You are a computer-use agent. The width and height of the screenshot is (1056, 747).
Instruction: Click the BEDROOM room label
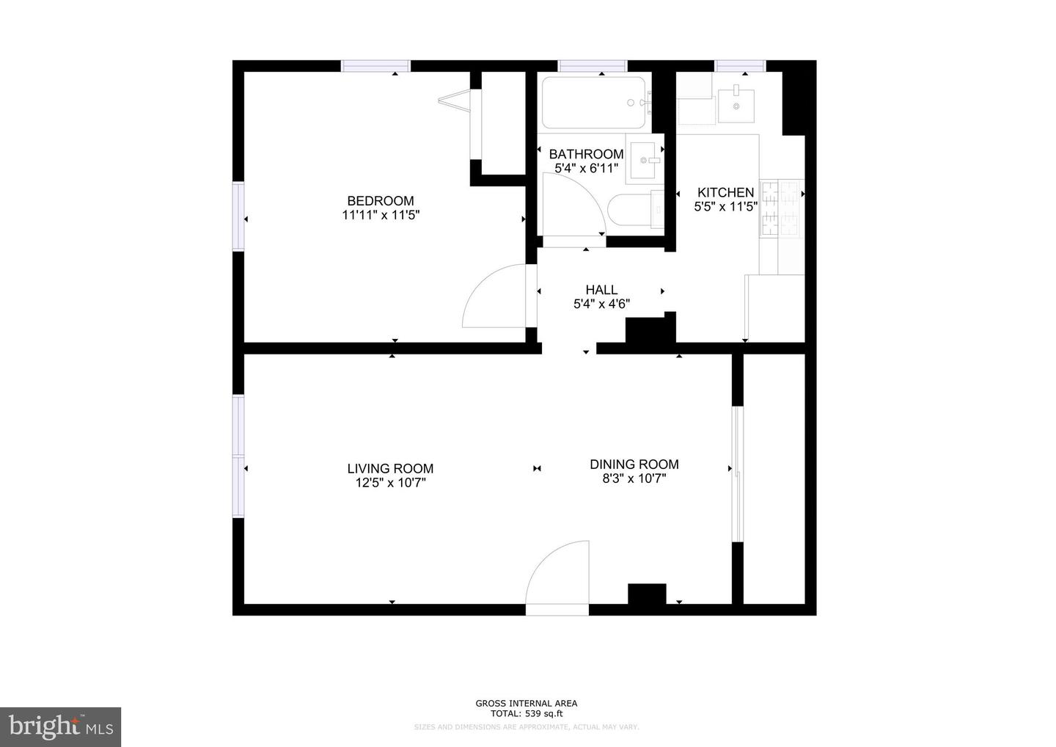click(x=380, y=200)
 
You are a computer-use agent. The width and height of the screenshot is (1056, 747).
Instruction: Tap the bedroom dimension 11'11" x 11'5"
click(x=380, y=215)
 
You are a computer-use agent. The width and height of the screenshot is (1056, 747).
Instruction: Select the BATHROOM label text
click(x=586, y=154)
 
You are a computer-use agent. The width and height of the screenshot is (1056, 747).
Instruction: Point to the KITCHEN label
click(x=725, y=192)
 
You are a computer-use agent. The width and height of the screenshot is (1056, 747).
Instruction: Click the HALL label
click(x=601, y=290)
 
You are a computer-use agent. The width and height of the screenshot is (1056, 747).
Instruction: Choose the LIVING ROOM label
click(x=390, y=468)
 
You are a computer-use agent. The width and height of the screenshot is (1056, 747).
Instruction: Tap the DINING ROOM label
click(x=634, y=464)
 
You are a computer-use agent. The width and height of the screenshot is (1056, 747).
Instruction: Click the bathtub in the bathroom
click(x=594, y=103)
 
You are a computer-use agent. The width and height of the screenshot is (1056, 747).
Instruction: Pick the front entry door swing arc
click(x=557, y=572)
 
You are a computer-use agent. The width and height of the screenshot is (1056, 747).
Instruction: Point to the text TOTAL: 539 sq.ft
click(x=526, y=713)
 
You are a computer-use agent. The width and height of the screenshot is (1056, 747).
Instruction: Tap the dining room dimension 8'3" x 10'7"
click(x=634, y=478)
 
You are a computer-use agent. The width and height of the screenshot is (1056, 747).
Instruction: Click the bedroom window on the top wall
click(x=375, y=66)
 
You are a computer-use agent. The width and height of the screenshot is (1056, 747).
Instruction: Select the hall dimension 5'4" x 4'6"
click(x=601, y=304)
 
